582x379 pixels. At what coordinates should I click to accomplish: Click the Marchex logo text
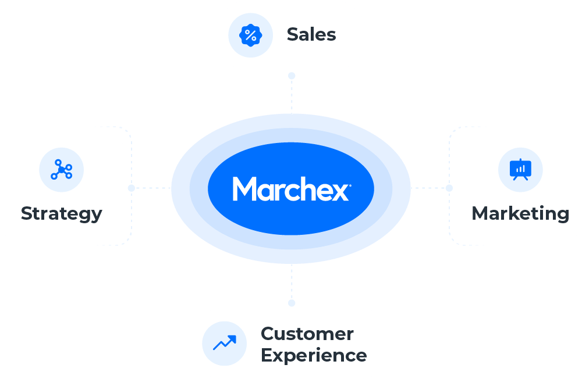tap(291, 189)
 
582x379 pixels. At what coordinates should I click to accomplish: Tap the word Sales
tap(311, 35)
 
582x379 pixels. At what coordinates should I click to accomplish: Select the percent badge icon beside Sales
tap(250, 35)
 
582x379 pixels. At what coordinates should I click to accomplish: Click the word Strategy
tap(61, 213)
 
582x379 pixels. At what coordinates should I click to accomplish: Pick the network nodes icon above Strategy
tap(61, 170)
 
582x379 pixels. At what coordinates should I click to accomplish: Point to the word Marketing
tap(520, 213)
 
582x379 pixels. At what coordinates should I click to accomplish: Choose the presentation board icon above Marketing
tap(520, 170)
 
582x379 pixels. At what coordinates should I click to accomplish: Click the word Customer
tap(307, 334)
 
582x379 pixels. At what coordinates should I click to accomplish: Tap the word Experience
tap(314, 355)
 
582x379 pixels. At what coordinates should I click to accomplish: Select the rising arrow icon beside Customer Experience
tap(224, 344)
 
